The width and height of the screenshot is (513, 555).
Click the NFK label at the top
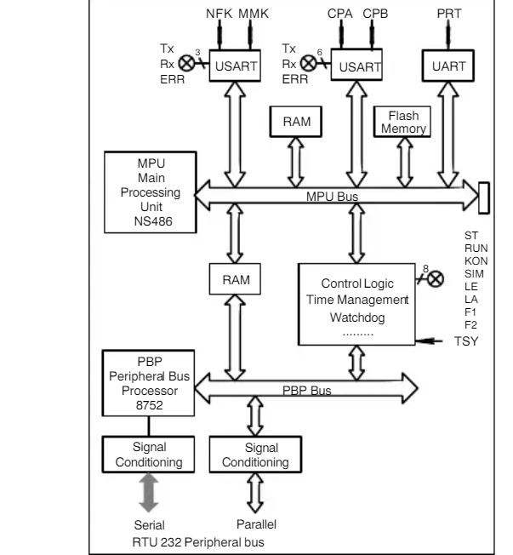[x=219, y=14]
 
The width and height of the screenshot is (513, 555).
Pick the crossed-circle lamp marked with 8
[x=437, y=277]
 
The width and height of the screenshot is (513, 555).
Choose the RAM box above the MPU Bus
[x=297, y=121]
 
